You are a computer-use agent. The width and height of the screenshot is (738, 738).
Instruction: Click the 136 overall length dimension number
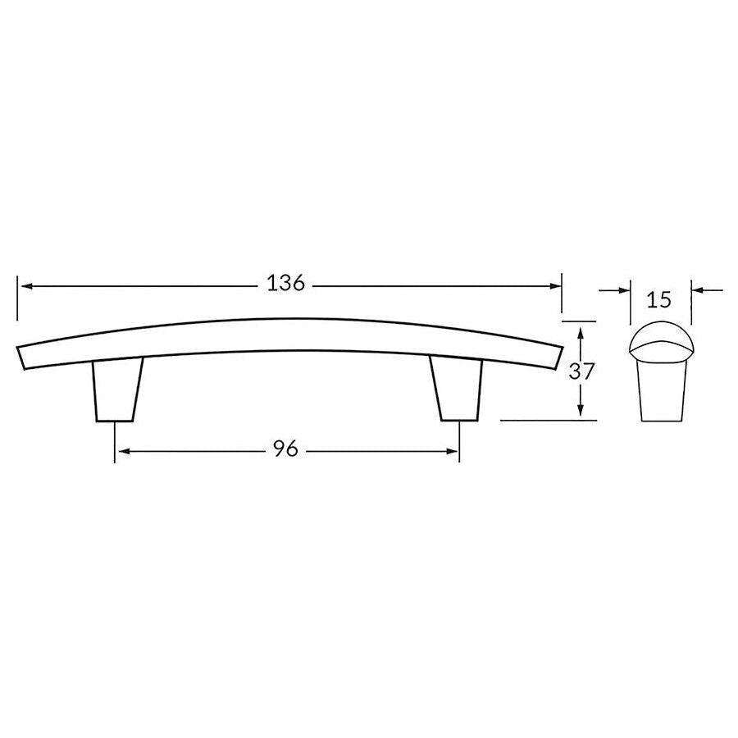286,284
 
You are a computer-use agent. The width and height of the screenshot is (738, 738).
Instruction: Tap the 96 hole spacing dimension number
285,449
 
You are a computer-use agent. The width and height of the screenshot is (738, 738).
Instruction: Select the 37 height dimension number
582,371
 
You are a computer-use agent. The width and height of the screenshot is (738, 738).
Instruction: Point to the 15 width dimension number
659,300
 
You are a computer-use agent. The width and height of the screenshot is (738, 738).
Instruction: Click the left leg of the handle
117,389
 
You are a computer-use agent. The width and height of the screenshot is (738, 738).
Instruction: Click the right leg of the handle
456,389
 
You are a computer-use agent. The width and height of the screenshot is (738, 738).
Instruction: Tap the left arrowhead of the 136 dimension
26,286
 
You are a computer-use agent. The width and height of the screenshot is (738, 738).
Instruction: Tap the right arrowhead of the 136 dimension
555,286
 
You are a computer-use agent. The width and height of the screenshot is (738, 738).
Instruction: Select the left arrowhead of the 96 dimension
123,452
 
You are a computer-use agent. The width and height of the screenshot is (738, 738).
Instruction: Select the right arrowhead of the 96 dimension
452,452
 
